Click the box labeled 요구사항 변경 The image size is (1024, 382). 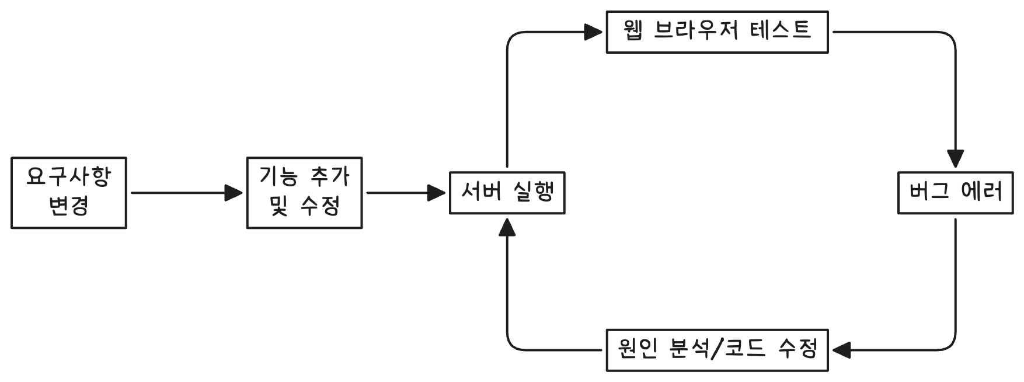pyautogui.click(x=69, y=192)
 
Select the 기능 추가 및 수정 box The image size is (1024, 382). pyautogui.click(x=304, y=192)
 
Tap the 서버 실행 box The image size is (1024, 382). pyautogui.click(x=507, y=192)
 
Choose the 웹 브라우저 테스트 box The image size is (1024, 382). pyautogui.click(x=717, y=32)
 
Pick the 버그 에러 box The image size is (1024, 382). pyautogui.click(x=955, y=192)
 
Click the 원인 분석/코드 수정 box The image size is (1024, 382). pyautogui.click(x=717, y=350)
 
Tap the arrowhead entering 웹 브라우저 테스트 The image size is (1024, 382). pyautogui.click(x=594, y=32)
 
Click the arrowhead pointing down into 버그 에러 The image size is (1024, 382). pyautogui.click(x=955, y=159)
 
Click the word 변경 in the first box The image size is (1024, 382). pyautogui.click(x=69, y=206)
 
